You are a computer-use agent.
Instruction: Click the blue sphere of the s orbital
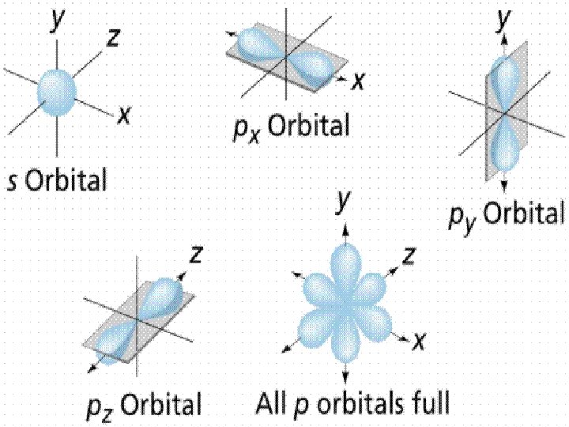click(x=56, y=92)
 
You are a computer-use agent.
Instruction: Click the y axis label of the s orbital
click(x=58, y=21)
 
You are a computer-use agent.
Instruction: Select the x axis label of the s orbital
click(x=123, y=115)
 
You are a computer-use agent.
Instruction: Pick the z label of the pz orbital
click(x=197, y=255)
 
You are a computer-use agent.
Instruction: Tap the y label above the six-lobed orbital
click(x=343, y=203)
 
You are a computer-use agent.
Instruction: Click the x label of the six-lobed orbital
click(x=420, y=341)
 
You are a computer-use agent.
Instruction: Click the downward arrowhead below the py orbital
click(x=504, y=185)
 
